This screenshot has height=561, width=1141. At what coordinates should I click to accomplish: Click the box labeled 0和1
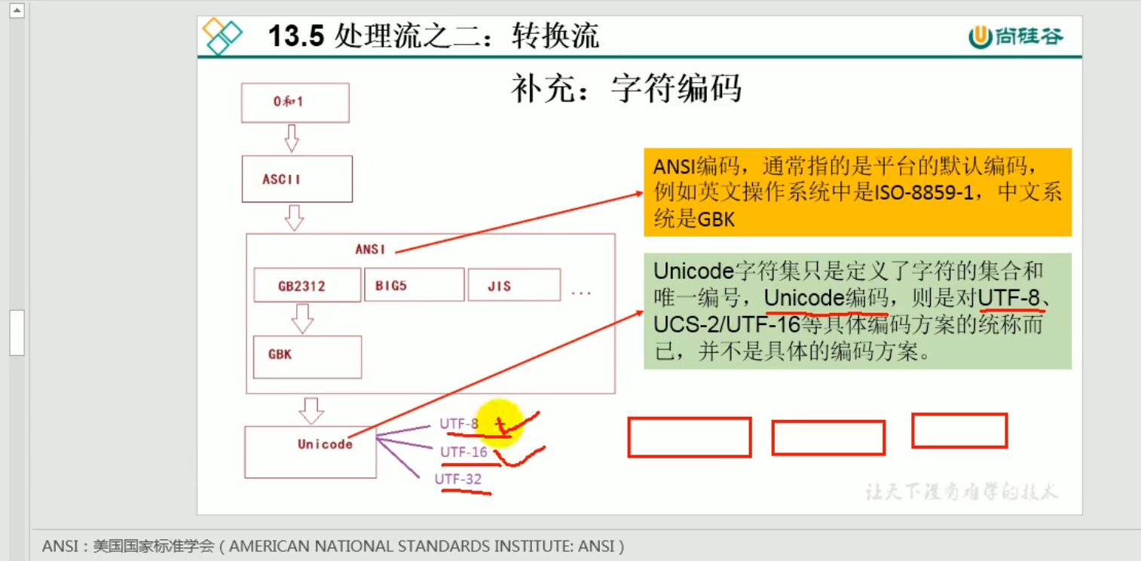295,103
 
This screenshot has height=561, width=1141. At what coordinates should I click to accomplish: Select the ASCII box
297,179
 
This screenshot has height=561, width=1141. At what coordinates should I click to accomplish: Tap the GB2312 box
307,286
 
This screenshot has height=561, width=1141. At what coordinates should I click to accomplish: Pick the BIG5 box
414,285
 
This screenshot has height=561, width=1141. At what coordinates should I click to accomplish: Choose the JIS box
513,285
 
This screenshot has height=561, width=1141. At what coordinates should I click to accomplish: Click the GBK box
307,357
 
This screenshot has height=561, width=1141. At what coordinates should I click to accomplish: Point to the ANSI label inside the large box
370,249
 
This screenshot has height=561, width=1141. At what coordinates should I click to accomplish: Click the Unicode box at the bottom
310,452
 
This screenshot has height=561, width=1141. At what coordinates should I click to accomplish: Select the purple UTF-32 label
457,479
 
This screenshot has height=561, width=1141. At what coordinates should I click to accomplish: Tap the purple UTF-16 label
463,452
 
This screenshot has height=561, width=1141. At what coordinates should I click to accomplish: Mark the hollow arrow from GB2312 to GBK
302,319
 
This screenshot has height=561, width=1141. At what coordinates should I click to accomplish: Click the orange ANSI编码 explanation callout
857,192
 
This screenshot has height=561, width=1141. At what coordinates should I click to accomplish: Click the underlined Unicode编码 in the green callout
825,299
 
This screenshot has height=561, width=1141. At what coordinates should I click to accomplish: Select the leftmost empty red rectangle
689,437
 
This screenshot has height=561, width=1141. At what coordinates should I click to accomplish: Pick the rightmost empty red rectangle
959,431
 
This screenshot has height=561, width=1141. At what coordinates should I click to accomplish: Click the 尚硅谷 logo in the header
1016,36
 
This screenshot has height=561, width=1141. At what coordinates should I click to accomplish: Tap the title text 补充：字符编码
626,88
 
